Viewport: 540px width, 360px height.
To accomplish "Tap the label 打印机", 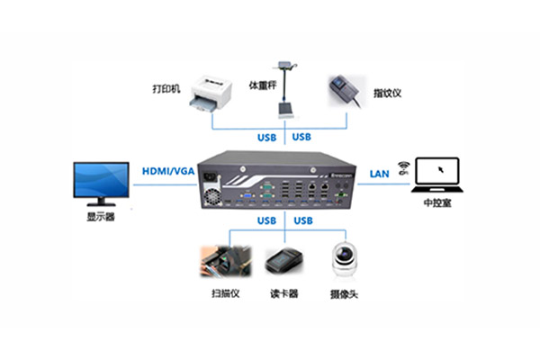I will pos(166,88).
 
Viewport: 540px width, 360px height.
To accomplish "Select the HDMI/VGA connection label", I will pos(166,170).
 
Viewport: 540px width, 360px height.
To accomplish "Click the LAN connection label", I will pos(379,170).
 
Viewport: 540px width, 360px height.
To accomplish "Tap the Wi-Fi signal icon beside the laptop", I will pos(402,166).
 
